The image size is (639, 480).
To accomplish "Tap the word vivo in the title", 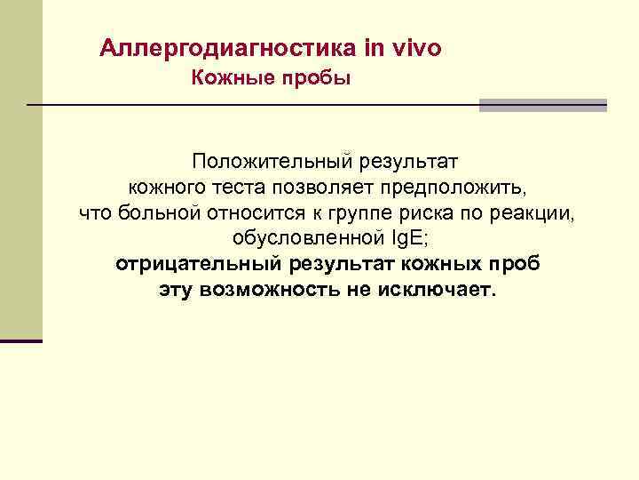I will (413, 47).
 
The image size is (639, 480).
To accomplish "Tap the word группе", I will (335, 214).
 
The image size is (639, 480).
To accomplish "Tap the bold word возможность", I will (272, 291).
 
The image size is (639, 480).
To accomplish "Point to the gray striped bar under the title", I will (542, 105).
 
